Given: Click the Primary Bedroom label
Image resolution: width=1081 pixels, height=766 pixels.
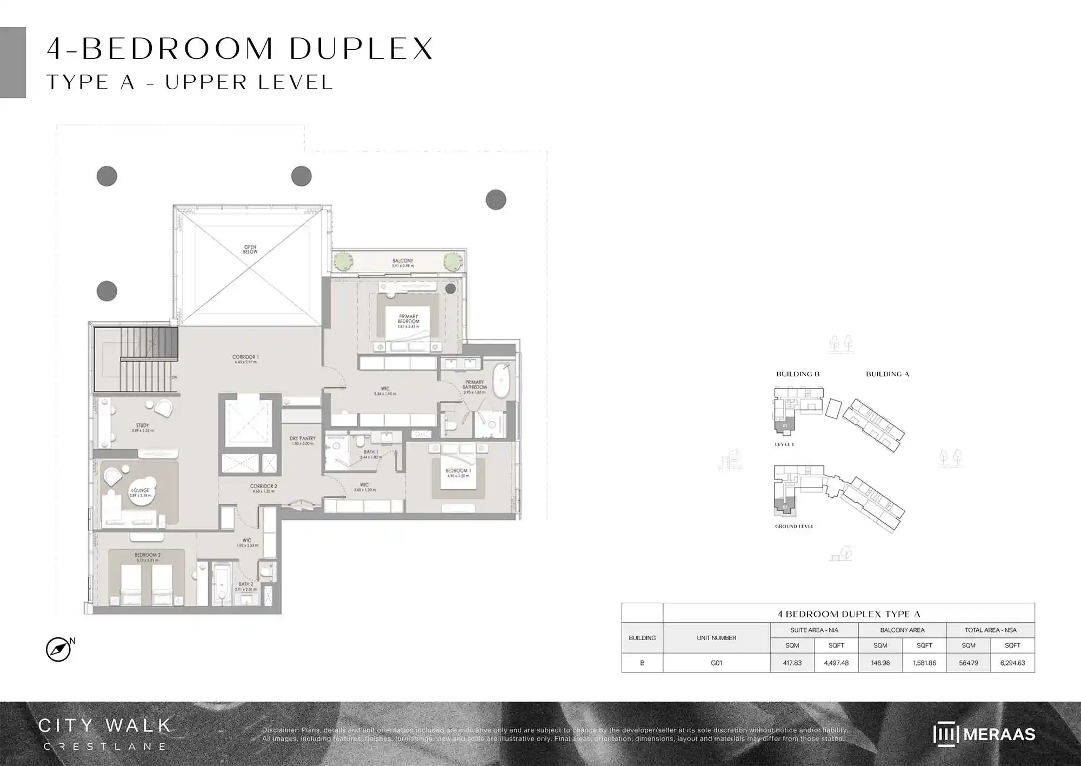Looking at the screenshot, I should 408,319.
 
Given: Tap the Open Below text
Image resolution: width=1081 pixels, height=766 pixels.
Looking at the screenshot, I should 250,249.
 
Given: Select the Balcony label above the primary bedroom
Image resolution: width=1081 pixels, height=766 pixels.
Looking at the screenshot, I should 403,262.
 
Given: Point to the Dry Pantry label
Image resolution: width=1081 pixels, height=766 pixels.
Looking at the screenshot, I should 302,439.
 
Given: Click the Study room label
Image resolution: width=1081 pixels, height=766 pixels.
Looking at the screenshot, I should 142,427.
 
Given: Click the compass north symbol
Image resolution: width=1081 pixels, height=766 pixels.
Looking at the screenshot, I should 58,649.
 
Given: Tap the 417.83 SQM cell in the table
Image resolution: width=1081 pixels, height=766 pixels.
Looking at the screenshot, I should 792,663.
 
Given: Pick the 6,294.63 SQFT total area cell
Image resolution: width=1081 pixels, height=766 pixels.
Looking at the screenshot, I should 1012,663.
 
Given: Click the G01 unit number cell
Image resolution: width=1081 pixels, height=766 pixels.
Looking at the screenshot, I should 716,663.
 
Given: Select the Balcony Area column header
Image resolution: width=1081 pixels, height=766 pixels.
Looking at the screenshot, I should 902,630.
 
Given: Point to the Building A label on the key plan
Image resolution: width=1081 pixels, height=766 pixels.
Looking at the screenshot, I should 887,374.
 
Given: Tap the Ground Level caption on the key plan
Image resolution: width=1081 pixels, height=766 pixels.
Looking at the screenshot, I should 794,526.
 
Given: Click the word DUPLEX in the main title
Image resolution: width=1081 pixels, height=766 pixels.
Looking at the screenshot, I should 361,49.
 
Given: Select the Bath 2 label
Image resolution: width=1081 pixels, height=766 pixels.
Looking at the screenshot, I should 245,585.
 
